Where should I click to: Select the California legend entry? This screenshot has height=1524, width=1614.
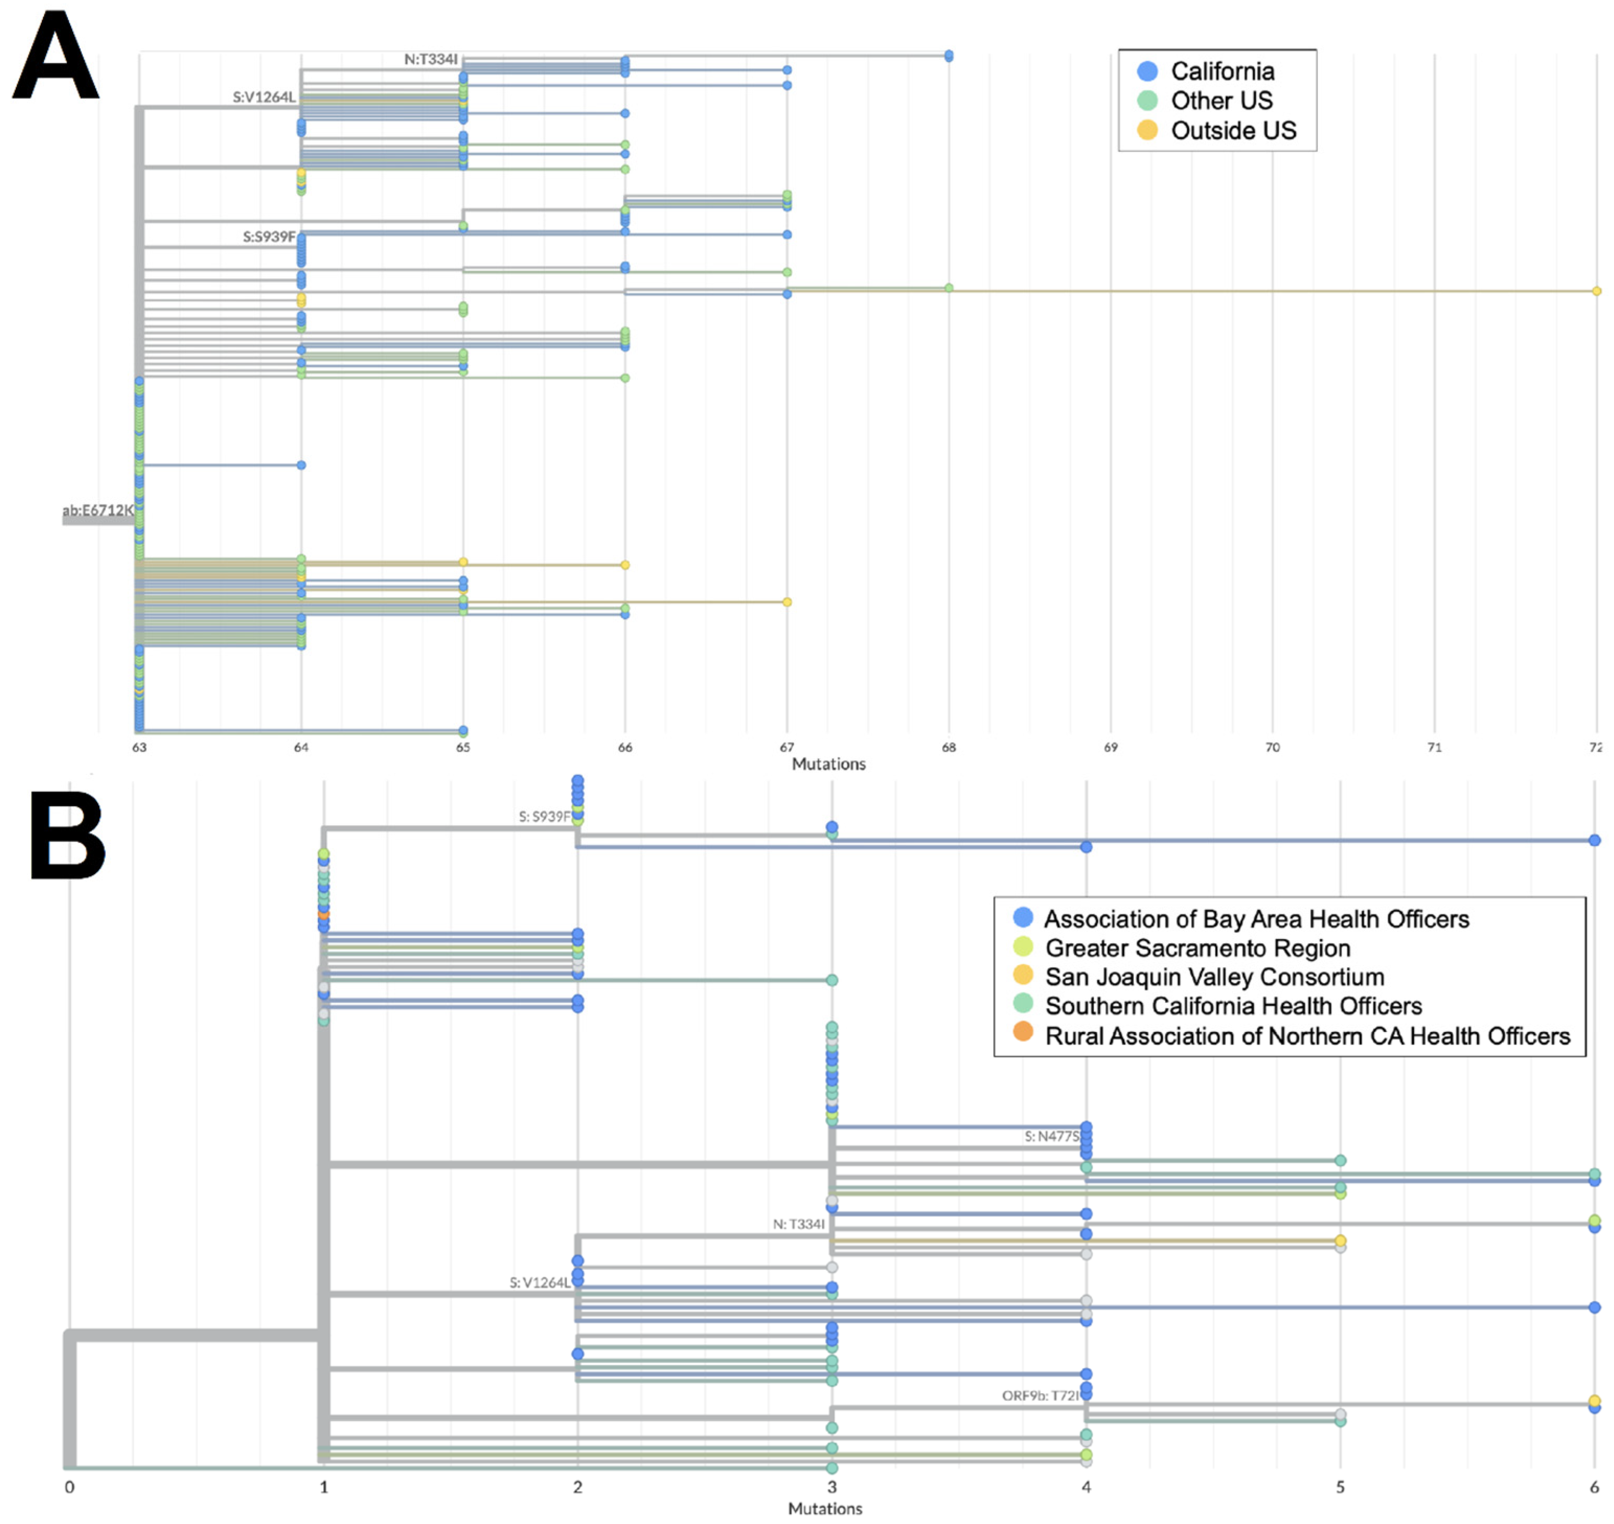click(x=1222, y=72)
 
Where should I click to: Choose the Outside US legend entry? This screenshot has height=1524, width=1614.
click(x=1232, y=131)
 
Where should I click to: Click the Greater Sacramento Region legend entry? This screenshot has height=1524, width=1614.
click(x=1197, y=948)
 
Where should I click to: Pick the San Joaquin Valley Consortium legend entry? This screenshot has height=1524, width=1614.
click(x=1215, y=977)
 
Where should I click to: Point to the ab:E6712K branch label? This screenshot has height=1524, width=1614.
click(x=97, y=510)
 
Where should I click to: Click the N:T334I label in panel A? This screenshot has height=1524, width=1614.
click(x=430, y=59)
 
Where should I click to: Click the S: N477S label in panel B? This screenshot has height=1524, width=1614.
click(x=1051, y=1137)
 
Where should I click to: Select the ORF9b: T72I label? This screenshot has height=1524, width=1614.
click(x=1040, y=1395)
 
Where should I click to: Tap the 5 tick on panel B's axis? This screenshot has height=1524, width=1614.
click(x=1340, y=1487)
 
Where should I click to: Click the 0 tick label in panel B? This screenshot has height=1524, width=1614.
click(x=70, y=1487)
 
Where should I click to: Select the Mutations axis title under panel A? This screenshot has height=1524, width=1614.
click(x=829, y=764)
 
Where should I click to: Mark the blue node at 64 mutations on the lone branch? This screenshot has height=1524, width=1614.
click(x=301, y=465)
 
